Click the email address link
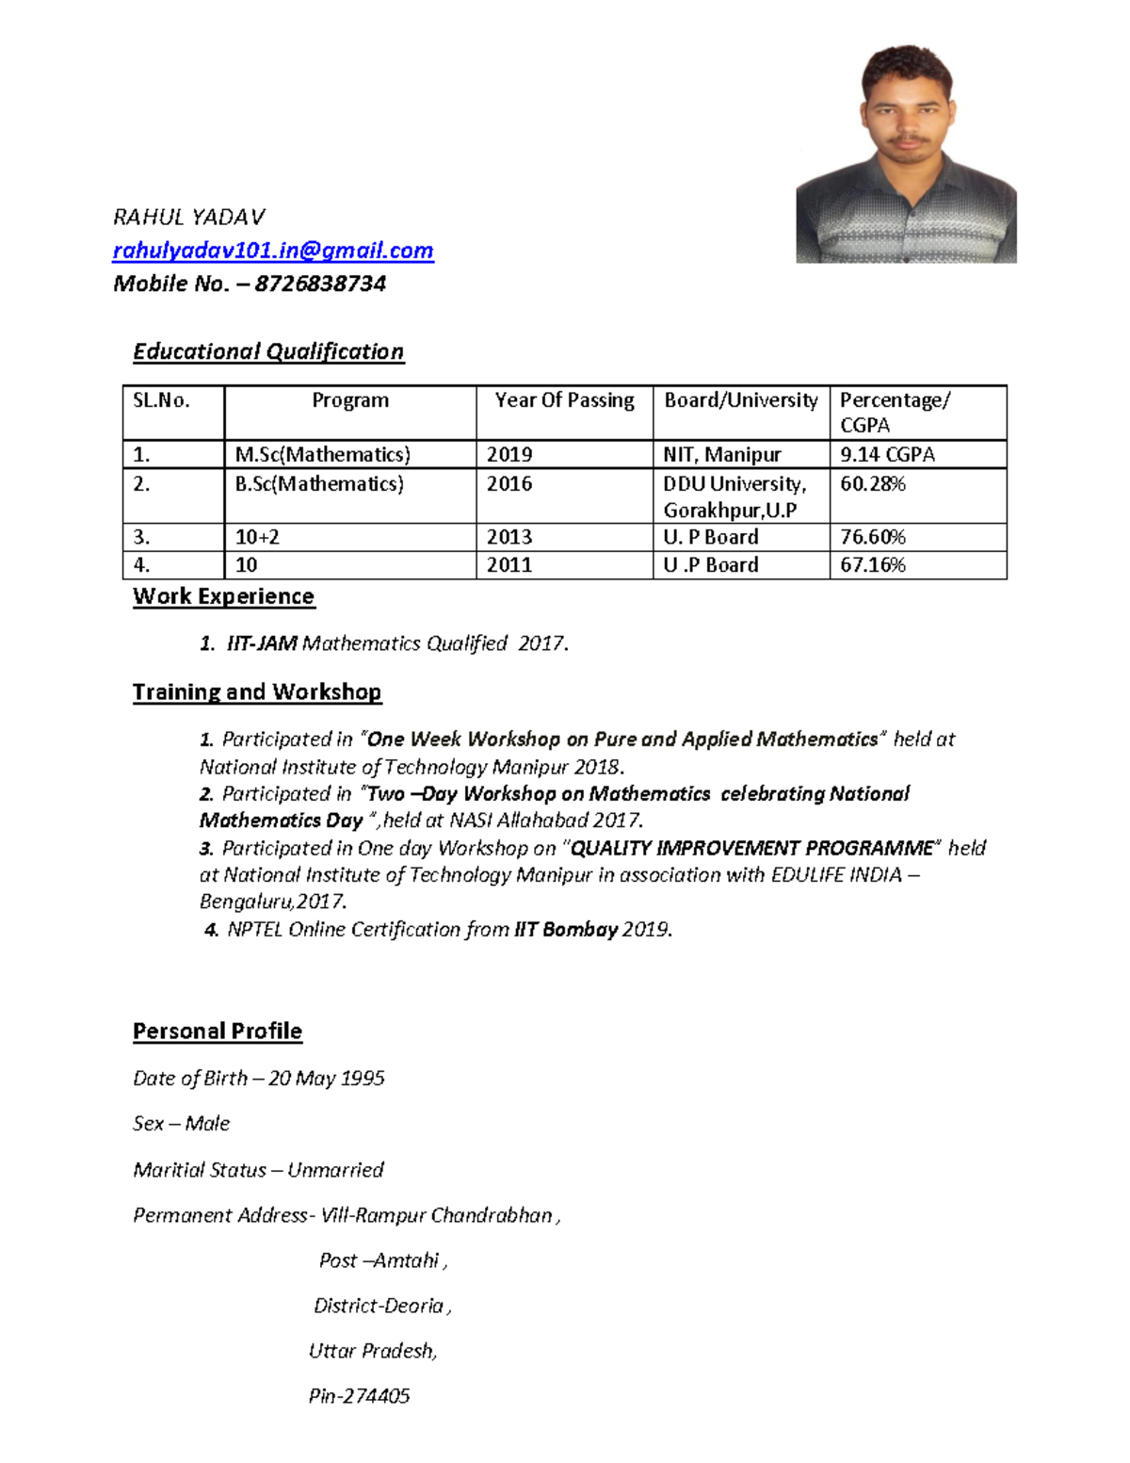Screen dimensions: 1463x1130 pos(273,251)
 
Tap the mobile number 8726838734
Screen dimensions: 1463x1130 pos(320,284)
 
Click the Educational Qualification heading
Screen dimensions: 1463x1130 pos(268,351)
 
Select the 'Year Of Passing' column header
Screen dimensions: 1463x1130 pos(564,400)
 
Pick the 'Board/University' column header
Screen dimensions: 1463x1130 pos(741,400)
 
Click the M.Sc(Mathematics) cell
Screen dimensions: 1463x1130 pos(323,455)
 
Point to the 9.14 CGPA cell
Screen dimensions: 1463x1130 pos(887,455)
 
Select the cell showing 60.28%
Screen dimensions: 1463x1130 pos(873,484)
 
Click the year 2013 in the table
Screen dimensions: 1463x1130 pos(509,537)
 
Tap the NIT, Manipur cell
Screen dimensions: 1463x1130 pos(722,455)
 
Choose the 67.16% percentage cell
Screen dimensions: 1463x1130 pos(873,565)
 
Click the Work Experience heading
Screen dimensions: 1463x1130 pos(223,596)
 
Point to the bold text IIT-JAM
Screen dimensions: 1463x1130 pos(262,643)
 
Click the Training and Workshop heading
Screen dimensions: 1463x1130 pos(257,692)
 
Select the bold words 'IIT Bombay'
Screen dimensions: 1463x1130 pos(565,930)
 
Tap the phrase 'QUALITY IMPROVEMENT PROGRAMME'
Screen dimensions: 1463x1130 pos(752,848)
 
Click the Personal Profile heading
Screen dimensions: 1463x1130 pos(218,1032)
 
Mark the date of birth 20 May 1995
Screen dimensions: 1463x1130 pos(326,1079)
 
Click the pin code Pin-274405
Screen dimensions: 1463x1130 pos(359,1396)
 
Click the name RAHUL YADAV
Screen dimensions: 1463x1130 pos(189,218)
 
